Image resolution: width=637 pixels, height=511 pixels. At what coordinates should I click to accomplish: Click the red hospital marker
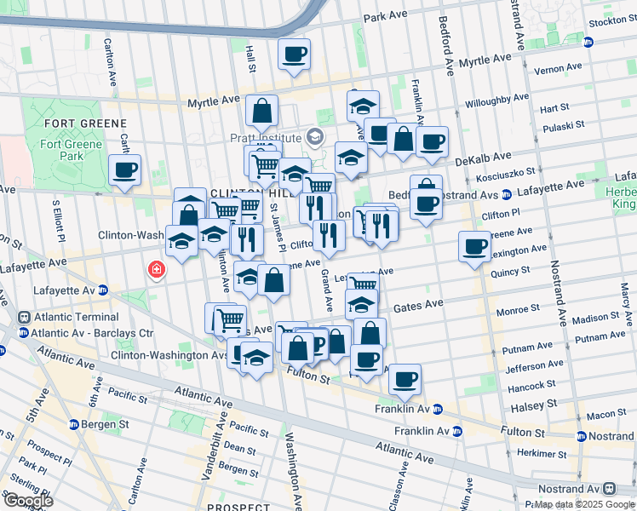pyautogui.click(x=156, y=271)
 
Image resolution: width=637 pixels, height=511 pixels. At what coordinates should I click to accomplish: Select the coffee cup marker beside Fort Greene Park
pyautogui.click(x=125, y=169)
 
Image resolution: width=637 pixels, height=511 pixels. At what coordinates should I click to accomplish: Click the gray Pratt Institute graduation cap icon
pyautogui.click(x=315, y=137)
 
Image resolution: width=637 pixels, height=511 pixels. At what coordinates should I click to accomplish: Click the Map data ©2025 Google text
pyautogui.click(x=583, y=504)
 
